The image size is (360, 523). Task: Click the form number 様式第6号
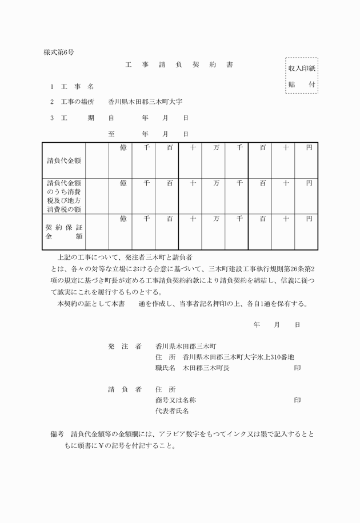59,52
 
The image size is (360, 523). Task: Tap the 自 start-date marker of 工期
111,118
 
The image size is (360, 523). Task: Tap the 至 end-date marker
111,134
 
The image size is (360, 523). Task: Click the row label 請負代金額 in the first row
64,160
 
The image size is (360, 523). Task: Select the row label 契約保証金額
64,231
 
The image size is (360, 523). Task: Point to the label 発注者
124,347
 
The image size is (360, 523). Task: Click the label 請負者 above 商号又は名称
124,389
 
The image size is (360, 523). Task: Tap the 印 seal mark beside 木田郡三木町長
297,368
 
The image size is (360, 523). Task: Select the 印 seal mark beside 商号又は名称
297,400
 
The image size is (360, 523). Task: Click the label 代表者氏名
172,411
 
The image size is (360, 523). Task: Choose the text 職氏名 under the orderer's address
165,368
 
